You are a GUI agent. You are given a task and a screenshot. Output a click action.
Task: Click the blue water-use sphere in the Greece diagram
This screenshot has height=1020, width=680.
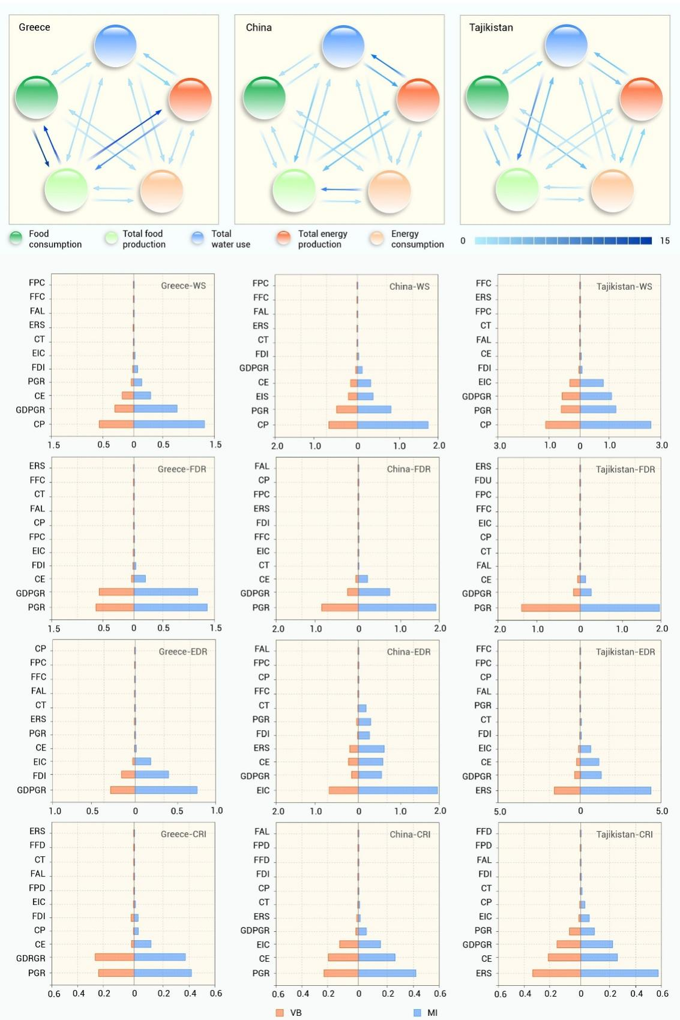click(x=115, y=46)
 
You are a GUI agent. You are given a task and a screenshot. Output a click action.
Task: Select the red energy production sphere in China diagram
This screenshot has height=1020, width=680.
click(x=418, y=98)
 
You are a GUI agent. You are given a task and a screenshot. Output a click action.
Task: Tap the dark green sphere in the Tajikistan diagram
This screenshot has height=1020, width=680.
click(x=487, y=97)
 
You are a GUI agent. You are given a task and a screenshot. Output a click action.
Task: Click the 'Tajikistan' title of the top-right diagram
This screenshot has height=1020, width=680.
click(x=491, y=28)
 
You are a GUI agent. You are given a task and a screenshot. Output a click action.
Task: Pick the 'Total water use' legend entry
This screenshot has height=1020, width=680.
click(x=230, y=239)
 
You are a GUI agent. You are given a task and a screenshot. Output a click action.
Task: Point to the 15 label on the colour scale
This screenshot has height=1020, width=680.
click(x=664, y=241)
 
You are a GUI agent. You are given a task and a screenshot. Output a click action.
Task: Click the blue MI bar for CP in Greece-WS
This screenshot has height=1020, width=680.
click(x=169, y=424)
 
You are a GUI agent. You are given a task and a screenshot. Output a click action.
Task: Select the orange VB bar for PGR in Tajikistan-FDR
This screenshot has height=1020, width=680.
click(x=550, y=608)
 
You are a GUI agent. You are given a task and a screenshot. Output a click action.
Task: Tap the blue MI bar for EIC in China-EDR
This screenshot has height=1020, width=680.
click(x=398, y=790)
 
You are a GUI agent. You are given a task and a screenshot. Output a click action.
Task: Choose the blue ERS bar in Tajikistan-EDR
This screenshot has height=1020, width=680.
click(x=615, y=790)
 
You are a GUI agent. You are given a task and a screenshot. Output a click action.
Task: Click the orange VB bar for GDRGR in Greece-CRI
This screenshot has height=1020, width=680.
click(x=114, y=958)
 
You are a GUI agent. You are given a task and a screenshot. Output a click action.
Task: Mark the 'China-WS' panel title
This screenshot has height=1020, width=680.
click(x=409, y=287)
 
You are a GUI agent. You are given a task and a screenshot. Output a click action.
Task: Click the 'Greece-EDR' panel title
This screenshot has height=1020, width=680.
click(x=182, y=652)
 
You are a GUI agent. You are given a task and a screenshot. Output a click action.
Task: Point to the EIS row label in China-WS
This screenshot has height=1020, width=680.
click(x=262, y=397)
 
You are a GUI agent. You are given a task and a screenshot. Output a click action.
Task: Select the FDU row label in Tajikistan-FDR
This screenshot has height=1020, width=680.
click(x=483, y=481)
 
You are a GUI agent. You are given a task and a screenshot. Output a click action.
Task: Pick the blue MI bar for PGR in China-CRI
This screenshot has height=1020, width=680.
click(x=387, y=973)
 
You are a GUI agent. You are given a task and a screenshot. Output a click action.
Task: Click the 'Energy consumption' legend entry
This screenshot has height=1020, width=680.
click(x=417, y=239)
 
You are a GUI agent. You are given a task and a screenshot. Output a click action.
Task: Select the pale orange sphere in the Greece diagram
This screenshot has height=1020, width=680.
click(x=161, y=191)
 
